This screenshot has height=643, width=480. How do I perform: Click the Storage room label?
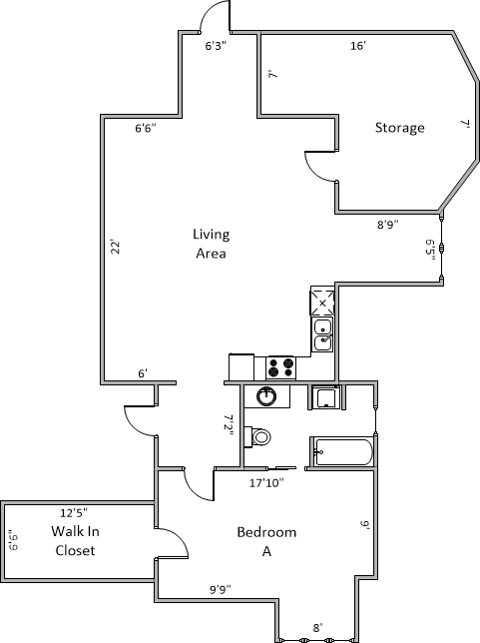point(399,128)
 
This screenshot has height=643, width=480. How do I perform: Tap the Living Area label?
point(212,244)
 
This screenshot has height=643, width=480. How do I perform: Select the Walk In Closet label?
point(75,541)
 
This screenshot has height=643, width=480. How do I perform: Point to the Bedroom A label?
point(266,542)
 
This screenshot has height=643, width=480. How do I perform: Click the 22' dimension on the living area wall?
point(116,247)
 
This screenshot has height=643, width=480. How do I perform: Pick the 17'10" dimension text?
point(266,483)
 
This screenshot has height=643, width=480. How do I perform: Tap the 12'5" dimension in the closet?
point(74,512)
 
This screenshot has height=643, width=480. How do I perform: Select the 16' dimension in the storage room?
point(358,46)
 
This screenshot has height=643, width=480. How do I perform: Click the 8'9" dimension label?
point(388,225)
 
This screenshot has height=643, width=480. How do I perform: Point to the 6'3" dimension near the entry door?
point(216,46)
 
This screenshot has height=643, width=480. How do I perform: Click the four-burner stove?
point(280,367)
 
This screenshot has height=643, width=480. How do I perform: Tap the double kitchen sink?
point(323,334)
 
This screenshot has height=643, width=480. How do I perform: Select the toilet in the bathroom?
point(257,436)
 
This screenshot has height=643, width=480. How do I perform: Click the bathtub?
point(343,452)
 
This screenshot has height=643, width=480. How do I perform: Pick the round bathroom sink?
point(266,396)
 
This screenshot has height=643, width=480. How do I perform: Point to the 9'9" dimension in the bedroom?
point(221,590)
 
